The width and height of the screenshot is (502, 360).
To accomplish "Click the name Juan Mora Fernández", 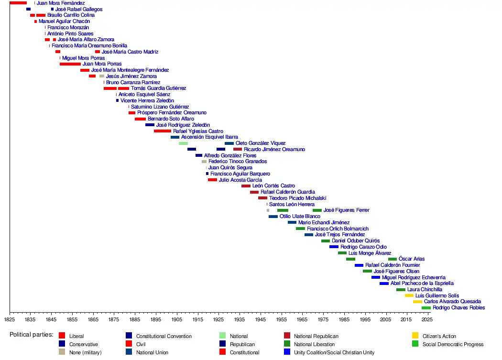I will coord(61,3).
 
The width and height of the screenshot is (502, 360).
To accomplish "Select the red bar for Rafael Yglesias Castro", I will coord(163,131).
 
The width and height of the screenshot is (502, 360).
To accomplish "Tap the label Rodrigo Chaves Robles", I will coord(458,308).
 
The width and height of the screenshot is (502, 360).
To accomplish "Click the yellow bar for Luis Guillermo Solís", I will coord(409,295).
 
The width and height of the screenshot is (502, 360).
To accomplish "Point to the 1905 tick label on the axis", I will coord(176,319).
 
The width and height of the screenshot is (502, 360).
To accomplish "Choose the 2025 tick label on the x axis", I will coord(427,319).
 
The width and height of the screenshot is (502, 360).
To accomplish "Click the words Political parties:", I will coord(32,335).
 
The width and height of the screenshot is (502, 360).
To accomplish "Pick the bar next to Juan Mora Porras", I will coord(70,64).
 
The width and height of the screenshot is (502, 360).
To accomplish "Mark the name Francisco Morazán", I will coord(68,28).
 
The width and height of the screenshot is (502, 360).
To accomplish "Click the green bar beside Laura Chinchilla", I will coord(401,290).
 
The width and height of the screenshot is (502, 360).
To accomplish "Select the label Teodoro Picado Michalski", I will coord(297,198).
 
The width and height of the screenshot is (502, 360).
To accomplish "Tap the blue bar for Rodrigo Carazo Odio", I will coord(334,247).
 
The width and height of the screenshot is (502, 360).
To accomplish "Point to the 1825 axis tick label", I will coord(10,319).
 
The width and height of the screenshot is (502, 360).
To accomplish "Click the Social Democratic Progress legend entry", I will coord(453,344).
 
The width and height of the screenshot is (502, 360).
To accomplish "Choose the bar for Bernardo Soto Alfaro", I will coord(140,119).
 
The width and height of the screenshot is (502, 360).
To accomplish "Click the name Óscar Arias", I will coord(411,259).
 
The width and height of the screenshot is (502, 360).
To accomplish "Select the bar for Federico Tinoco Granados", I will coord(204,162).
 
